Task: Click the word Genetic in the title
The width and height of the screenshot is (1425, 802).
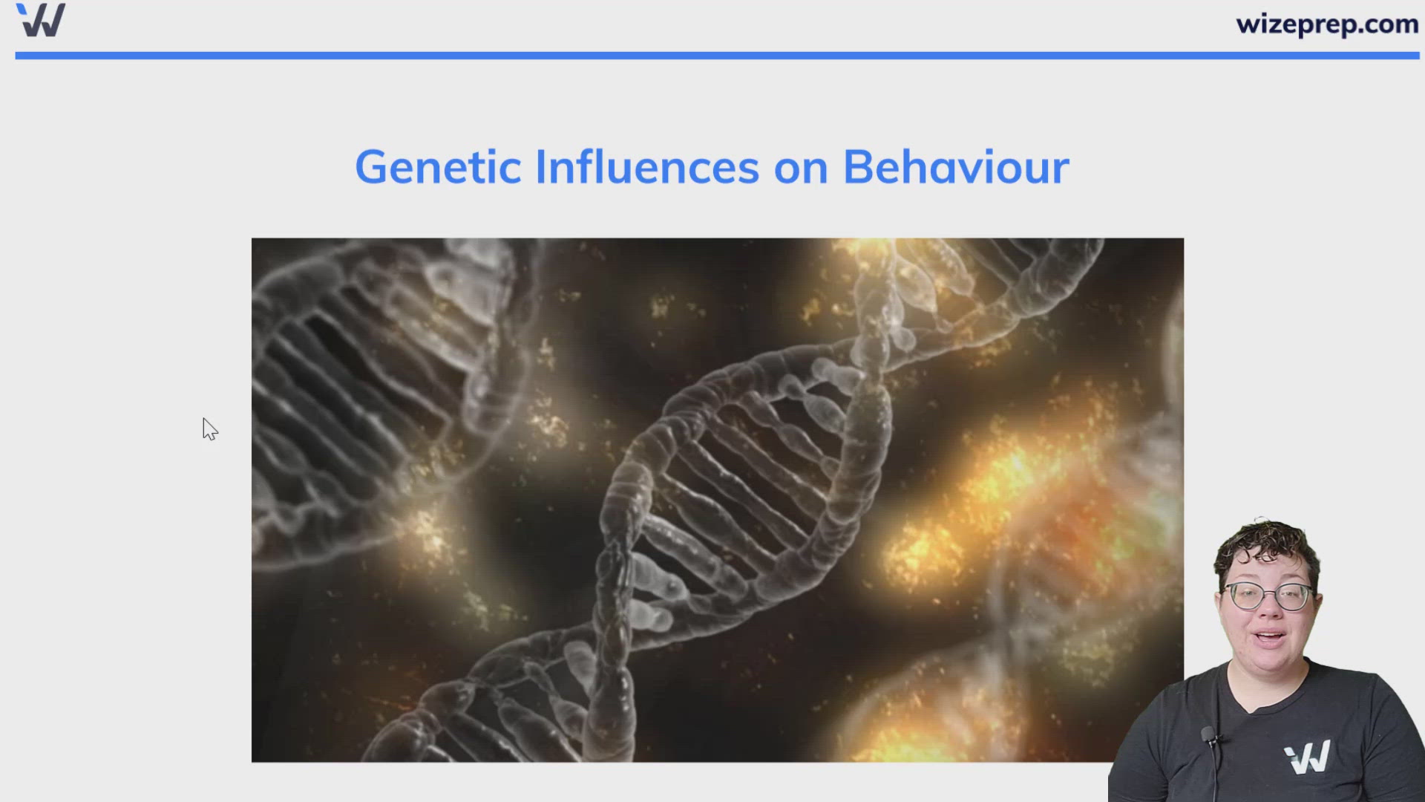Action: (x=438, y=167)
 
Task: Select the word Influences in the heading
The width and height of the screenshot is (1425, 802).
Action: (x=646, y=167)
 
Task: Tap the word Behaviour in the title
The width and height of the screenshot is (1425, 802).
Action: (x=956, y=167)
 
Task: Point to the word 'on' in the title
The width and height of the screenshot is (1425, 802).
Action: (x=801, y=169)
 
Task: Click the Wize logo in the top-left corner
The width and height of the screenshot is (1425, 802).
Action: (x=41, y=20)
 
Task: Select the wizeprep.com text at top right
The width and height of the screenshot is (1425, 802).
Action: (x=1327, y=25)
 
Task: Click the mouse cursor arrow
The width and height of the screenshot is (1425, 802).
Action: (x=209, y=428)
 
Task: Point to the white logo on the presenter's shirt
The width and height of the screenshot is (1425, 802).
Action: (x=1308, y=757)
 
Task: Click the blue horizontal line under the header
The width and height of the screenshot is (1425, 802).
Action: (x=712, y=56)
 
